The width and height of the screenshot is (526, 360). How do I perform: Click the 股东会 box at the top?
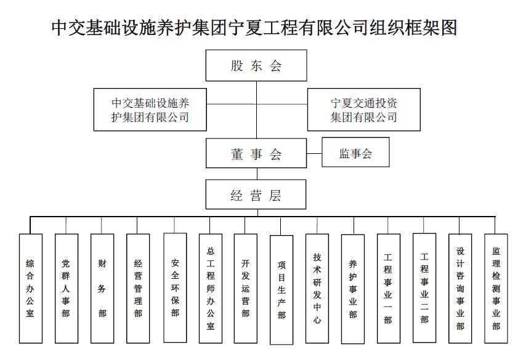click(256, 66)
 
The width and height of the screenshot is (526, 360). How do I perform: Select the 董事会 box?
click(256, 154)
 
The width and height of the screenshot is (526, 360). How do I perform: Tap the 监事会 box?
click(355, 153)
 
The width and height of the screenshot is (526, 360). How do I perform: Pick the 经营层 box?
click(256, 196)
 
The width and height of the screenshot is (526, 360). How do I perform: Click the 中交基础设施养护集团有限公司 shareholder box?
click(150, 110)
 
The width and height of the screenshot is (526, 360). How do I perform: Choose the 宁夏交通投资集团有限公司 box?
click(363, 110)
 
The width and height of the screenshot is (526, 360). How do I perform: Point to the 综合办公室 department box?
click(31, 288)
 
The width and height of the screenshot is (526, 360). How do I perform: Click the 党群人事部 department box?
click(67, 288)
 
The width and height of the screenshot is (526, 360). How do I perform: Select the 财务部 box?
click(102, 288)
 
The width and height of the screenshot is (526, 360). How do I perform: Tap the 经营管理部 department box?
click(138, 288)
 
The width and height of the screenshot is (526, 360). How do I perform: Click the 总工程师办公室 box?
click(211, 288)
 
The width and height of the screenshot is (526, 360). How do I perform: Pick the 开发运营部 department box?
click(246, 288)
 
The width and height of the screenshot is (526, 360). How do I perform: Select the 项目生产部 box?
click(281, 289)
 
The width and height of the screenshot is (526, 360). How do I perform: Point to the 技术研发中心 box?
click(317, 288)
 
